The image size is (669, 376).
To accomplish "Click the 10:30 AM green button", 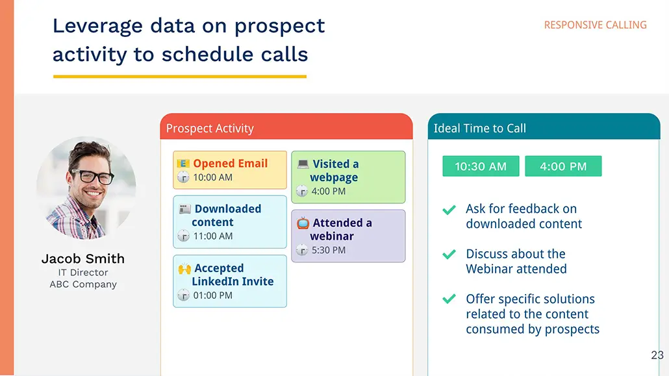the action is pos(481,166).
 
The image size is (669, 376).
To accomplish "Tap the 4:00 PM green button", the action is pos(563,166).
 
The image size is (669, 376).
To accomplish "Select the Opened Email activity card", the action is pos(230,170).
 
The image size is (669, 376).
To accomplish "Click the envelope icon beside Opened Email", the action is pos(183,164).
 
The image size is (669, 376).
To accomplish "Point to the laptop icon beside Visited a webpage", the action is pos(303,164).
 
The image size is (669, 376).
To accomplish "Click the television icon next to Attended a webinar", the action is pos(303,223).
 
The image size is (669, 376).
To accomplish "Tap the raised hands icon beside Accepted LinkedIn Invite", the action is pos(184,268).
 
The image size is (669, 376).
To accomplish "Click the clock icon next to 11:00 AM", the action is pos(183,236).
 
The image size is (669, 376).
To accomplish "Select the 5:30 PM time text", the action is pos(329,250).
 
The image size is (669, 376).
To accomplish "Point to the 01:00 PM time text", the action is pos(213,295).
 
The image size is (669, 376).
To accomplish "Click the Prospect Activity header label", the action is pos(210,129).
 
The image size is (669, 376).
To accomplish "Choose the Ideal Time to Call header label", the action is pos(480,129).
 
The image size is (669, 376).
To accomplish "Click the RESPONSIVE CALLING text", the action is pos(595,25).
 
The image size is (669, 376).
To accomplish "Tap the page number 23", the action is pos(657,355).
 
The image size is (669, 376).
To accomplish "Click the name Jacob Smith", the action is pos(83,258).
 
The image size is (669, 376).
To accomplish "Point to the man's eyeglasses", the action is pos(92,175).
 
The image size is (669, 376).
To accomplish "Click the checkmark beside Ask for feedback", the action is pos(449,210).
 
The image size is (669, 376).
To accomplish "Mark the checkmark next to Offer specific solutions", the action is pos(449,299).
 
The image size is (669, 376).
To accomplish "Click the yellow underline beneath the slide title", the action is pos(180,77).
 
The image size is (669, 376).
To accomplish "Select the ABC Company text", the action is pos(83,284).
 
